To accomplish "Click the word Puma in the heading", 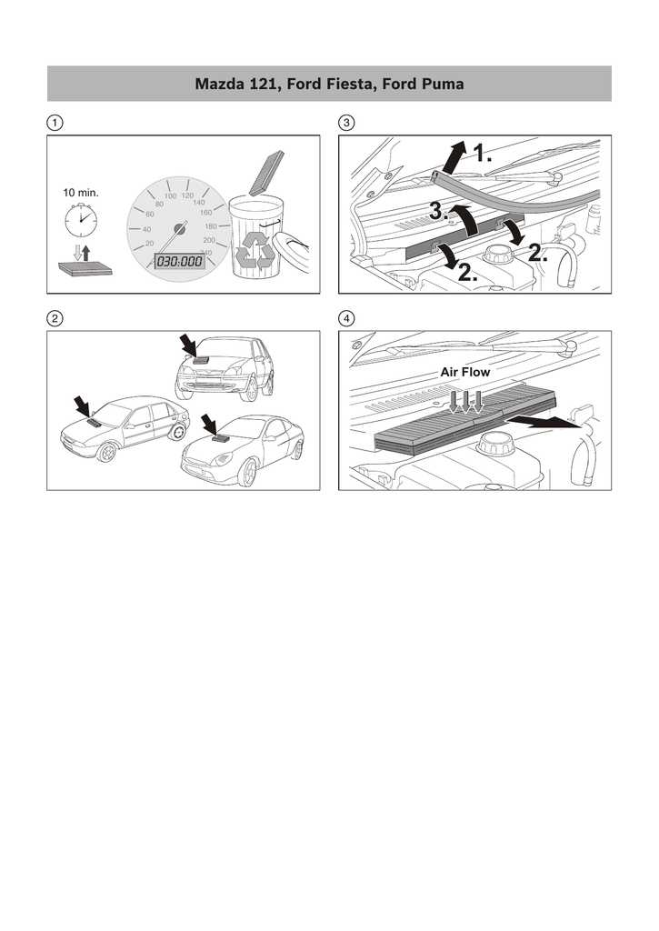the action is point(443,84).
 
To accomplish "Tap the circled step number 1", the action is point(55,123).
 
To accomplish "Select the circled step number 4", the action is point(346,319).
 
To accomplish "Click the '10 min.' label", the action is point(81,193).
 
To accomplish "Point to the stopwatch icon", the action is point(81,220).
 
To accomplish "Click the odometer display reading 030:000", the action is point(179,261).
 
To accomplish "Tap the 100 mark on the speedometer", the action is point(170,196).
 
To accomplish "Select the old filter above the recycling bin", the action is point(266,173).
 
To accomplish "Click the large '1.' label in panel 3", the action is point(482,155).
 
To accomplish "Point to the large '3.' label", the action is point(439,211).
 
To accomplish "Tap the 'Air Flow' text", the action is point(464,372).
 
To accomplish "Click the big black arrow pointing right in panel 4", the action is point(544,421).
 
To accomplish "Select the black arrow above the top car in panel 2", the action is point(189,345).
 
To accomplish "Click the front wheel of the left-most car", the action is point(106,453).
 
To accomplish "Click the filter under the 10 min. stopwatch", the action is point(85,268).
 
